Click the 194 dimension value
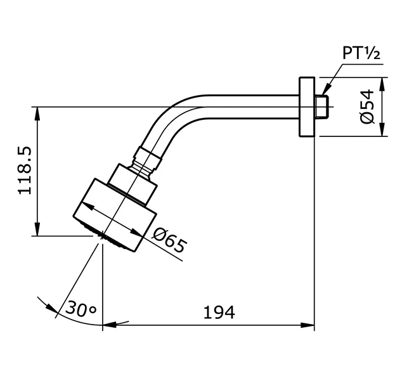tap(219, 312)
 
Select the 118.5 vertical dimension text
tap(25, 171)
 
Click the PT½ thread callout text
tap(361, 53)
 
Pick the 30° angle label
tap(80, 310)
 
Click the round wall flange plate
tap(306, 107)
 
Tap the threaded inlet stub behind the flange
tap(321, 107)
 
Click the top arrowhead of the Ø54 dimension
tap(382, 83)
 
